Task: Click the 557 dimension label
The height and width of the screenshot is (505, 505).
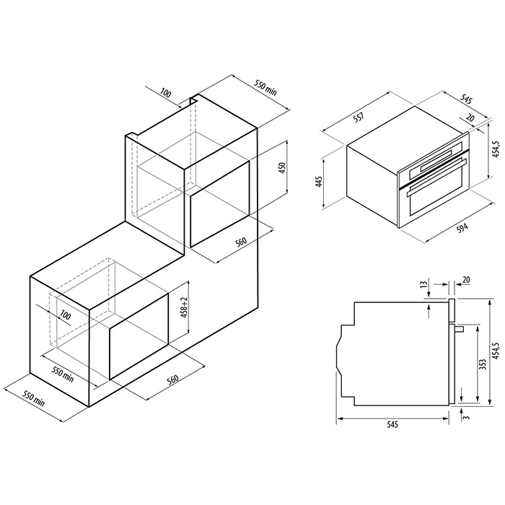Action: pos(359,116)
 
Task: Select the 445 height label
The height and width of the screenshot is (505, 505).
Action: pos(319,182)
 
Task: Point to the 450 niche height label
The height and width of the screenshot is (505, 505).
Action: pos(281,168)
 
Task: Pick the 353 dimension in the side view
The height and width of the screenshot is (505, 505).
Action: pos(483,364)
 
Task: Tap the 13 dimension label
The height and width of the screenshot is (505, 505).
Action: pos(424,284)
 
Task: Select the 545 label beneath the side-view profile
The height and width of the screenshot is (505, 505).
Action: pos(392,424)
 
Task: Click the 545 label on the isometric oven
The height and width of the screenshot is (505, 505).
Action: pos(465,100)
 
